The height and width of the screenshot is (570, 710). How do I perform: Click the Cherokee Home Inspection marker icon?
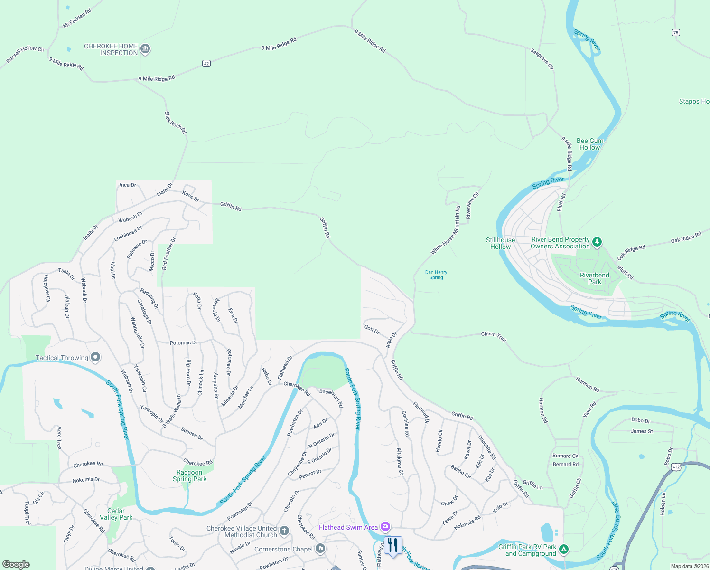[146, 49]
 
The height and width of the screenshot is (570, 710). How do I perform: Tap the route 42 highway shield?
[206, 63]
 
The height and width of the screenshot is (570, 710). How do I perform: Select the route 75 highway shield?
[676, 32]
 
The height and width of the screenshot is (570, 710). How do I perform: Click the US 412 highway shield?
[676, 467]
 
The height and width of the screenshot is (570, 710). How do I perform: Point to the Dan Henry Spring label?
[436, 275]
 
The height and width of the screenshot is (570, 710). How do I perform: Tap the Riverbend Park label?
[594, 278]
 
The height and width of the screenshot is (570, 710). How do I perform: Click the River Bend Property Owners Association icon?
[597, 242]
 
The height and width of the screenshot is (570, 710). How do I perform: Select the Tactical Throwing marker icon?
[95, 357]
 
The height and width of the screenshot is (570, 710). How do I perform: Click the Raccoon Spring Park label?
[189, 475]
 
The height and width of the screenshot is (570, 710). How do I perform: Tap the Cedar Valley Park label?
[116, 514]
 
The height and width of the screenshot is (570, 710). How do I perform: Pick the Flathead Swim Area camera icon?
[385, 526]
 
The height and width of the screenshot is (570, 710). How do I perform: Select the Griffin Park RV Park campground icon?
[563, 550]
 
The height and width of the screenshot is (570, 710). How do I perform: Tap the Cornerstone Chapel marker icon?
[320, 549]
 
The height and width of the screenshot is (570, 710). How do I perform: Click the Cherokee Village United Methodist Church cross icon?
[284, 531]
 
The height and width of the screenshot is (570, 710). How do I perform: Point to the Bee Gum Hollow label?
[590, 144]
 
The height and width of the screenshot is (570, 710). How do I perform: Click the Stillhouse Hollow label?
[500, 243]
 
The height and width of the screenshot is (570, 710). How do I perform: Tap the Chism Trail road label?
[494, 336]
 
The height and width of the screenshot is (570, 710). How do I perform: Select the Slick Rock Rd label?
[175, 123]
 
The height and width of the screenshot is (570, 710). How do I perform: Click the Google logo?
[16, 564]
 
